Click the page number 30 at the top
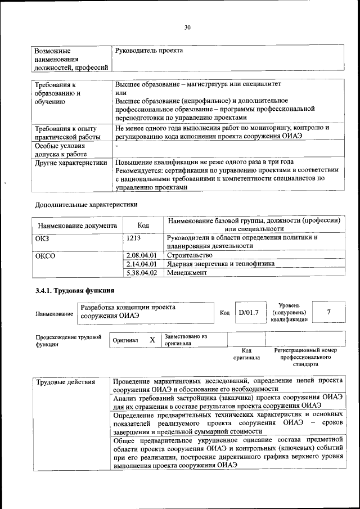tap(187, 26)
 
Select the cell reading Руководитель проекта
tap(149, 51)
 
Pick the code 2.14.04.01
tap(141, 263)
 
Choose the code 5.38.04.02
tap(141, 272)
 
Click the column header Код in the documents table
tap(143, 225)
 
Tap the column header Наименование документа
tap(77, 226)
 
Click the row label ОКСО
tap(46, 255)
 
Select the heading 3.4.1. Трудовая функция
tap(75, 291)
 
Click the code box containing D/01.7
tap(247, 313)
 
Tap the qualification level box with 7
tap(328, 312)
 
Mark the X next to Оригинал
tap(152, 340)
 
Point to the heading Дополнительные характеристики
tap(86, 204)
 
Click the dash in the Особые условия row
tap(116, 145)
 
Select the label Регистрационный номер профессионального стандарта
tap(305, 357)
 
